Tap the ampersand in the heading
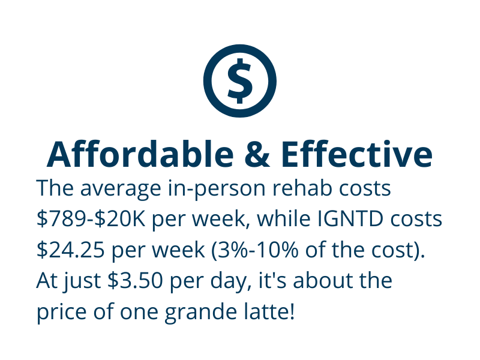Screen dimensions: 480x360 [x=257, y=154]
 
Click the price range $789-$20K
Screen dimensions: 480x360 [x=91, y=218]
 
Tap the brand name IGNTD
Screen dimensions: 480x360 [x=350, y=218]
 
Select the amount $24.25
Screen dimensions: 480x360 [x=70, y=250]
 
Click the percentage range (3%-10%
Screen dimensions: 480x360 [x=254, y=250]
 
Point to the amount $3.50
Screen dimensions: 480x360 [x=135, y=280]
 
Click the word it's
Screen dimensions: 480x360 [x=273, y=280]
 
